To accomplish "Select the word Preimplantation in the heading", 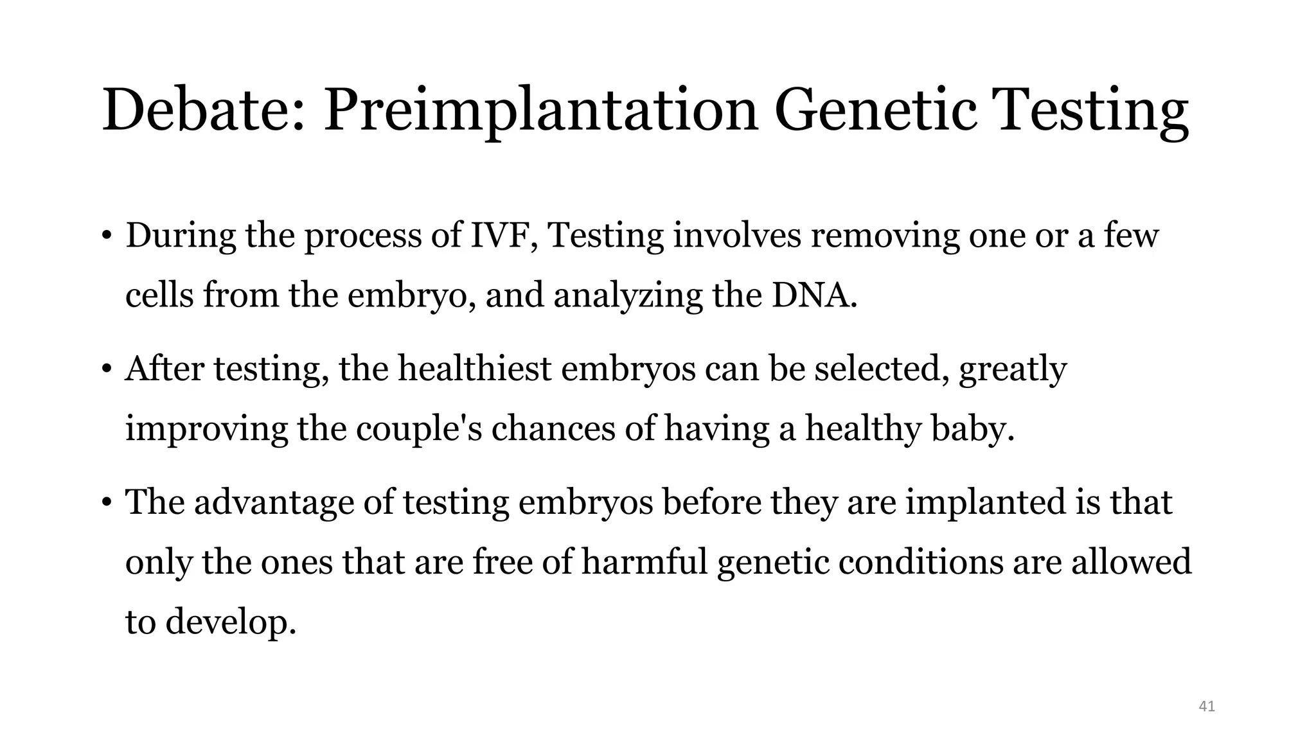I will tap(540, 110).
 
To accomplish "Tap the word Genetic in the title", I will tap(876, 110).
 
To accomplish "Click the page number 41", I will tap(1207, 707).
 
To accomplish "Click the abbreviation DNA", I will tap(814, 295).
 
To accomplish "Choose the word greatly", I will tap(1013, 370).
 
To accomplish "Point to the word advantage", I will tap(274, 502).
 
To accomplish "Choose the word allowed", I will tap(1131, 562).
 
